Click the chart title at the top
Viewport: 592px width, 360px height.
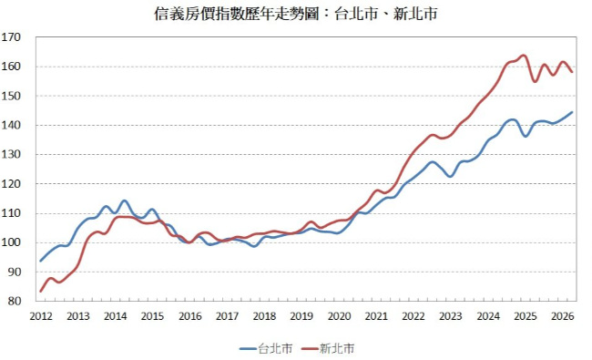click(296, 14)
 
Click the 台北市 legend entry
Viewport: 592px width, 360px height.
click(266, 348)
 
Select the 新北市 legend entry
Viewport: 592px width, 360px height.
click(328, 348)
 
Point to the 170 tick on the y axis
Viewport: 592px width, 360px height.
click(11, 37)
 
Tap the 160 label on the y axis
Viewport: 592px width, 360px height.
click(11, 67)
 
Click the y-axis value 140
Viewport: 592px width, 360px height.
click(11, 125)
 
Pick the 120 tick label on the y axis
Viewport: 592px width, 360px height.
click(11, 184)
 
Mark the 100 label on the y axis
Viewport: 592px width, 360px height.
click(11, 242)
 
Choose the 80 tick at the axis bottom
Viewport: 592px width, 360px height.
click(14, 301)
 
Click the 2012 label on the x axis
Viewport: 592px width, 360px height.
click(41, 316)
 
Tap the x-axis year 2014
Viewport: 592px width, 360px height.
click(115, 316)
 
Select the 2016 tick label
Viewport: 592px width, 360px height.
click(190, 316)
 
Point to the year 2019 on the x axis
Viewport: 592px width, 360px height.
click(301, 316)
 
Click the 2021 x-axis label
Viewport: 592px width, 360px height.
click(376, 316)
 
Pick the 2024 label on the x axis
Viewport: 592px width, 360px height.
click(488, 316)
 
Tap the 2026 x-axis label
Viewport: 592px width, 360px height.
click(563, 316)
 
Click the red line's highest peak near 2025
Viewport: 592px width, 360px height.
click(524, 56)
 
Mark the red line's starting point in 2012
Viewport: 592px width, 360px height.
click(40, 292)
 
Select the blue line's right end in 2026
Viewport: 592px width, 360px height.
click(572, 112)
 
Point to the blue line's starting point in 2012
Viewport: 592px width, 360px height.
click(40, 261)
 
